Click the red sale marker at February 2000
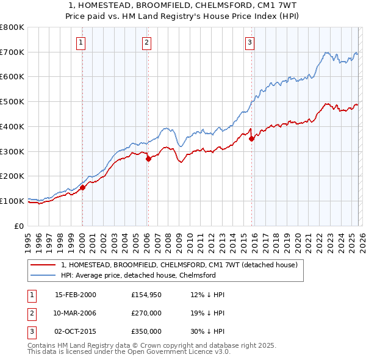point(82,187)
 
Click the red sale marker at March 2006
point(148,159)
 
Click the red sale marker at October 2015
point(251,139)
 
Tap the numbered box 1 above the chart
point(81,42)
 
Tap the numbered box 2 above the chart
point(147,42)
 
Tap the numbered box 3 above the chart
point(250,42)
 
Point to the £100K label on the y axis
point(13,201)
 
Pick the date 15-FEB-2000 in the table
point(75,295)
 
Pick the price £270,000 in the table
point(146,313)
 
